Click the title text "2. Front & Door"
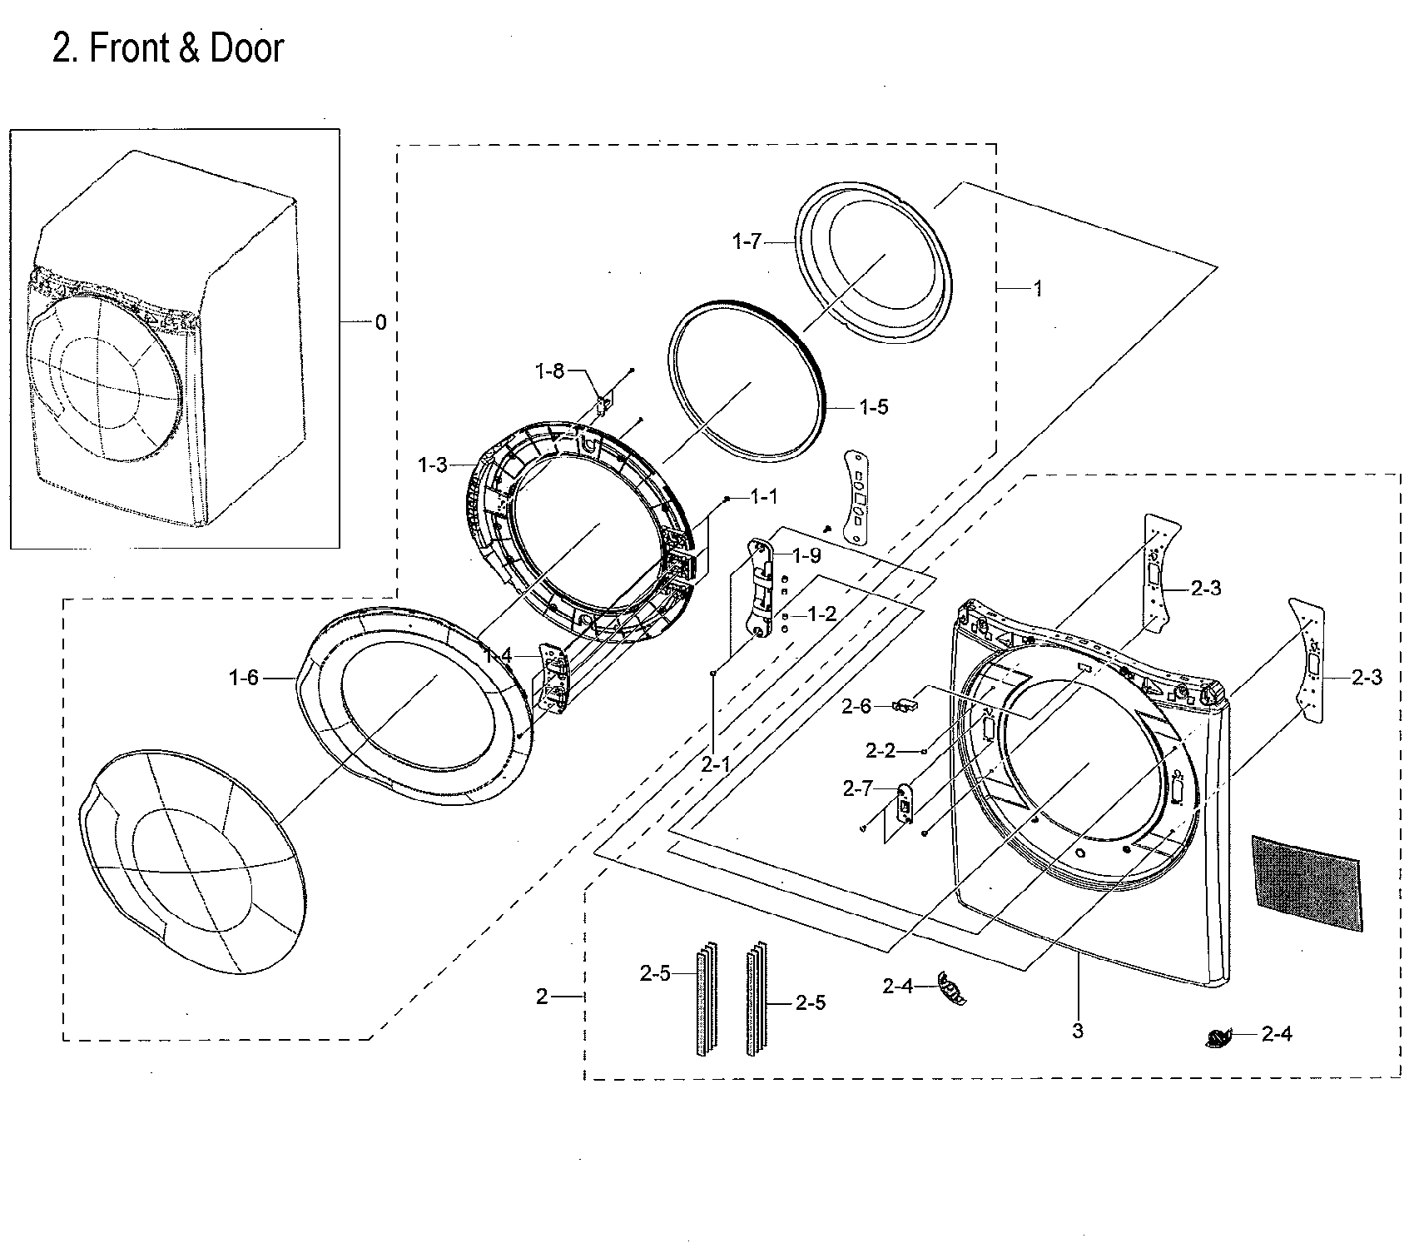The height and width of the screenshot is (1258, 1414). click(x=167, y=48)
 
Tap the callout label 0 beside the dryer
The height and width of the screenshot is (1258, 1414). click(x=380, y=323)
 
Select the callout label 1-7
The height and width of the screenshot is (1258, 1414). click(x=747, y=242)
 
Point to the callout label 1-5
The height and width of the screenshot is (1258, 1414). click(x=873, y=406)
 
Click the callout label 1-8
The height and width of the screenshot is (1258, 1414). click(x=549, y=371)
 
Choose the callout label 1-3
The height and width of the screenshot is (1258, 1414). click(x=433, y=465)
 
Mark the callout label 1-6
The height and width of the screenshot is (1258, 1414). click(x=244, y=679)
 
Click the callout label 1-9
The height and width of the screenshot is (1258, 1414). click(x=806, y=555)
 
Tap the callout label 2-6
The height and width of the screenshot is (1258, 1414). click(x=856, y=707)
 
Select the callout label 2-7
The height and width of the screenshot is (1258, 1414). click(x=857, y=788)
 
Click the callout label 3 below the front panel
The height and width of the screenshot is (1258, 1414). click(x=1078, y=1031)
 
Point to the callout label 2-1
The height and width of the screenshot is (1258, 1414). click(x=716, y=763)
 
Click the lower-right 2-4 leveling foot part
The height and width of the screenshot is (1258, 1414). click(x=1218, y=1037)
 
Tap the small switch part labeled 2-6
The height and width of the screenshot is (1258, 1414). click(x=902, y=707)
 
